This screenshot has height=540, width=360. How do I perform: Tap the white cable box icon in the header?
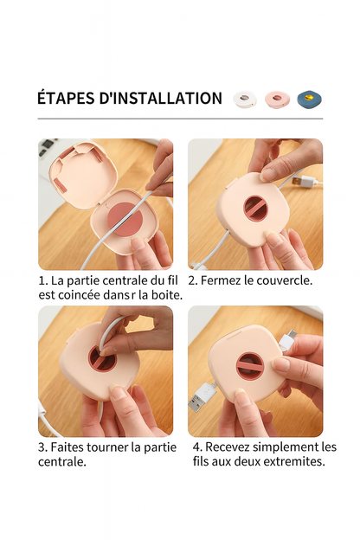[x=245, y=100]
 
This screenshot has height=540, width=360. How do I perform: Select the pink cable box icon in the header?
[x=277, y=100]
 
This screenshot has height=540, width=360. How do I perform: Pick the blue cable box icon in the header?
[x=310, y=100]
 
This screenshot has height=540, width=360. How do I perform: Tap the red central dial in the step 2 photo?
[x=258, y=209]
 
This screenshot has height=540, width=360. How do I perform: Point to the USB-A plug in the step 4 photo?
[x=202, y=395]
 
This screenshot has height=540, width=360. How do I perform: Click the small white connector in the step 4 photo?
[x=289, y=339]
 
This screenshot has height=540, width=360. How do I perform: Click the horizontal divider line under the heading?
[x=180, y=119]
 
